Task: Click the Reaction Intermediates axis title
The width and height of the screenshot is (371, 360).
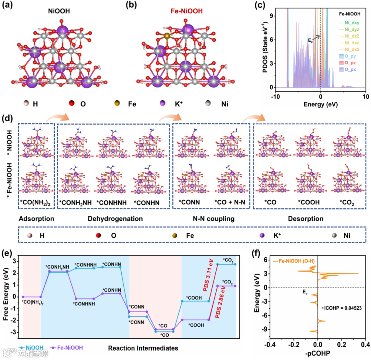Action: pyautogui.click(x=143, y=348)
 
